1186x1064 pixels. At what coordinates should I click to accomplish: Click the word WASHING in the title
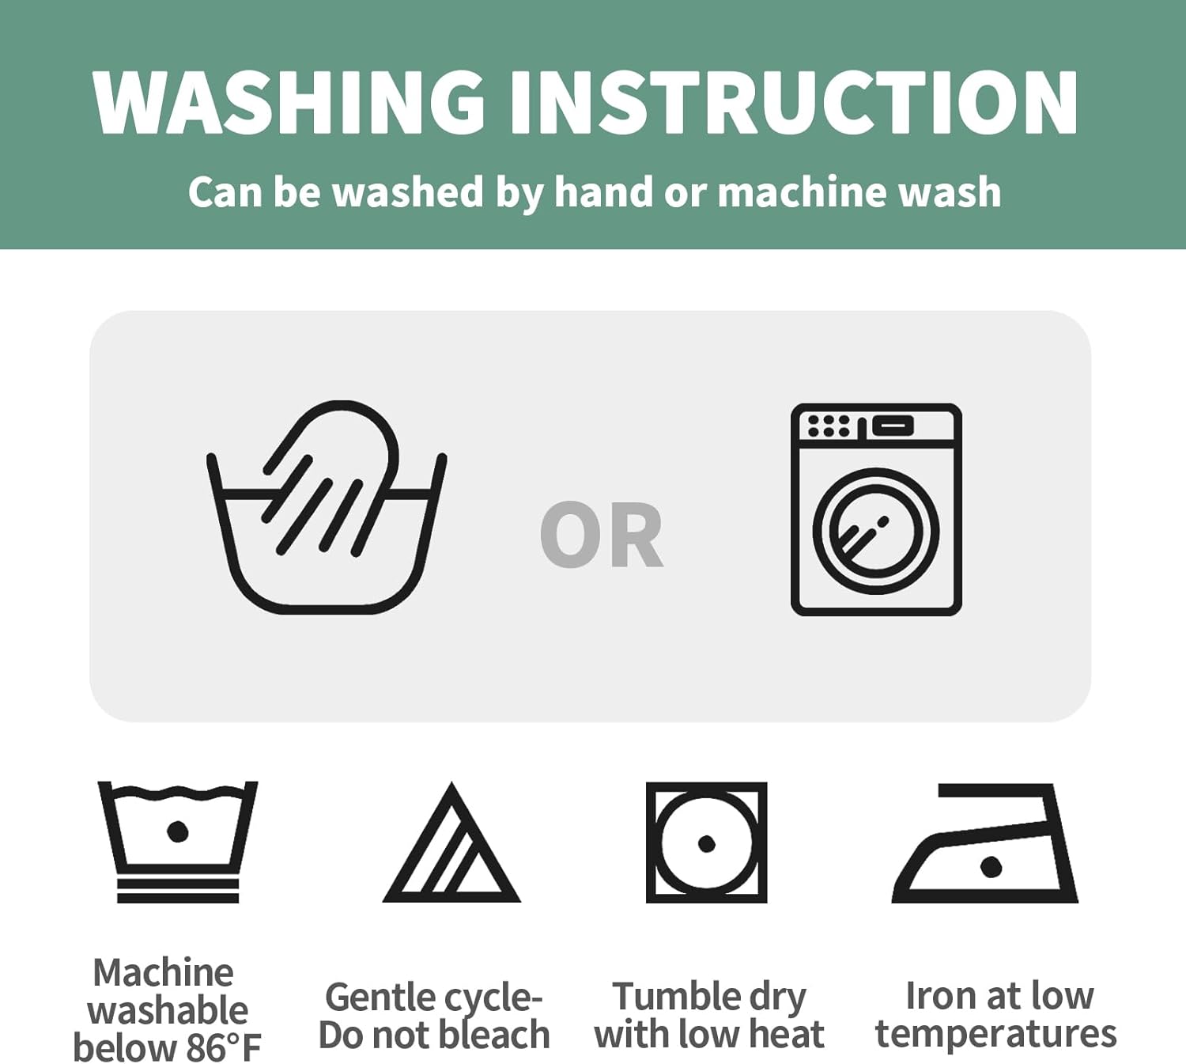pos(289,103)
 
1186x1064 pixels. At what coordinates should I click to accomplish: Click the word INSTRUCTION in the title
pos(794,103)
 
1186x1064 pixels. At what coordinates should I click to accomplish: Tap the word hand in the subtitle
pos(603,192)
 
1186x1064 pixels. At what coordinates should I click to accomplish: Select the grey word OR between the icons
pos(601,534)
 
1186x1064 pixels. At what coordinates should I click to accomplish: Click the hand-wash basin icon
pos(326,507)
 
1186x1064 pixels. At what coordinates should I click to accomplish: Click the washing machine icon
pos(876,509)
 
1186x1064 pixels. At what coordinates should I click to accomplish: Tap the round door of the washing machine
pos(876,532)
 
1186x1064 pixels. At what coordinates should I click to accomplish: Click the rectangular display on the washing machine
pos(893,426)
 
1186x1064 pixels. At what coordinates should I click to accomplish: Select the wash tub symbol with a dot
pos(177,842)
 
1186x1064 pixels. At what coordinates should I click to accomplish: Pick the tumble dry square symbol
pos(706,842)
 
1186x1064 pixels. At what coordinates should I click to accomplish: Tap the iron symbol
pos(984,843)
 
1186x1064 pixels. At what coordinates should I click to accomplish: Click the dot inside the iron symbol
pos(991,866)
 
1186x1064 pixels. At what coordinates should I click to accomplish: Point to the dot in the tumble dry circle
pos(707,843)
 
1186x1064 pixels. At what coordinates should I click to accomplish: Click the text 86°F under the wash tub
pos(224,1047)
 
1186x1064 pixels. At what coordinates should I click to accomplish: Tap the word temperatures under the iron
pos(995,1035)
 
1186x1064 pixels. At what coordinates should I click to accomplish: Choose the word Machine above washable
pos(164,972)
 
